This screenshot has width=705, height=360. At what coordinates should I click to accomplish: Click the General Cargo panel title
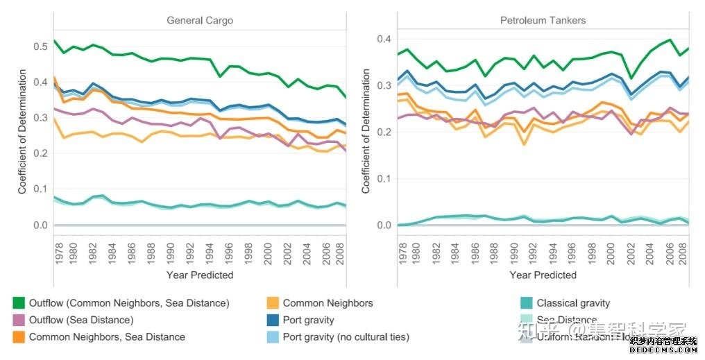[x=200, y=20]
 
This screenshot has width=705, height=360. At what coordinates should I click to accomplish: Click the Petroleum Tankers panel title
[x=543, y=20]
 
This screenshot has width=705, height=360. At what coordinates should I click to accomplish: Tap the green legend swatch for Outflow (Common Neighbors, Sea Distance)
[x=19, y=303]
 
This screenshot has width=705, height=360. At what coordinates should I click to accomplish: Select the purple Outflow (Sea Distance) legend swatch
[x=19, y=320]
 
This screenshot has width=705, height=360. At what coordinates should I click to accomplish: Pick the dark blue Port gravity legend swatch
[x=273, y=320]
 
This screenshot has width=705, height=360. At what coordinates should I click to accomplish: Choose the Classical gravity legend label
[x=573, y=303]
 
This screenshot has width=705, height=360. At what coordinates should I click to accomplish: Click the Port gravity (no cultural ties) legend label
[x=346, y=337]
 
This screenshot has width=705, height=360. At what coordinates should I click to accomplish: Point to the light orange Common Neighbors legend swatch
[x=273, y=303]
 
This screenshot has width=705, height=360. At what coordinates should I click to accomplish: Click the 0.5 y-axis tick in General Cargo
[x=41, y=46]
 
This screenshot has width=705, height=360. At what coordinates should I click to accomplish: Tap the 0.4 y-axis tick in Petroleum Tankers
[x=383, y=38]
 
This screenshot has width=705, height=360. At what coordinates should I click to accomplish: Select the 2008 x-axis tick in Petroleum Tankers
[x=681, y=249]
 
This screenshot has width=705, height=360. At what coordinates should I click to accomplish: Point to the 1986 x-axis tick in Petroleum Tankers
[x=475, y=249]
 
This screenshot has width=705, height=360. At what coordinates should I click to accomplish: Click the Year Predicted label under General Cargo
[x=200, y=275]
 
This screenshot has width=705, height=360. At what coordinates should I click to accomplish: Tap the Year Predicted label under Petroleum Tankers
[x=543, y=275]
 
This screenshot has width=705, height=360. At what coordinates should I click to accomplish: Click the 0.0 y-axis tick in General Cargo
[x=41, y=225]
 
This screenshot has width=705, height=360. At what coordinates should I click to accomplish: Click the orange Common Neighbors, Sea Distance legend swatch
[x=19, y=337]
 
